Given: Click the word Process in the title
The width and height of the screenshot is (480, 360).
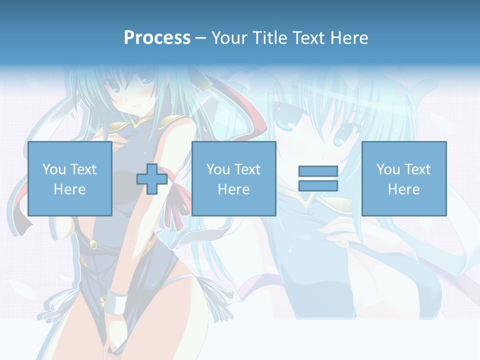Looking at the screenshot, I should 157,37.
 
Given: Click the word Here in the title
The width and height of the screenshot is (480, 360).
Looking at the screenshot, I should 350,37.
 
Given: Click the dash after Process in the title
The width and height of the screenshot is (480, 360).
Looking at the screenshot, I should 200,38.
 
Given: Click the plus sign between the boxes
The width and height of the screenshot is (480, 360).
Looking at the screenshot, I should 152,179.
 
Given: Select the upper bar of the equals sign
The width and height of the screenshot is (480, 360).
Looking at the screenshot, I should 318,171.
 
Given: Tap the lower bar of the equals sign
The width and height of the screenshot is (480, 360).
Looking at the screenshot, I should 318,186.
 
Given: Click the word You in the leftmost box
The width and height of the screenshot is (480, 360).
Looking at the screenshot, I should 54,169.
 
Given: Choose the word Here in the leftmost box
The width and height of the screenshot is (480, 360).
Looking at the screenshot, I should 69,189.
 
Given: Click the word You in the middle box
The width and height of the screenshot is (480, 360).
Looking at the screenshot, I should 218,169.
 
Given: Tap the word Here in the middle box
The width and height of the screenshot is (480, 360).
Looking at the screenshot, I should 233,189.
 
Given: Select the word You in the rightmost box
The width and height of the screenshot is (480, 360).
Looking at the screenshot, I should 388,169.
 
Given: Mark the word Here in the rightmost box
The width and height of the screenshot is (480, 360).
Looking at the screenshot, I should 403,189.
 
